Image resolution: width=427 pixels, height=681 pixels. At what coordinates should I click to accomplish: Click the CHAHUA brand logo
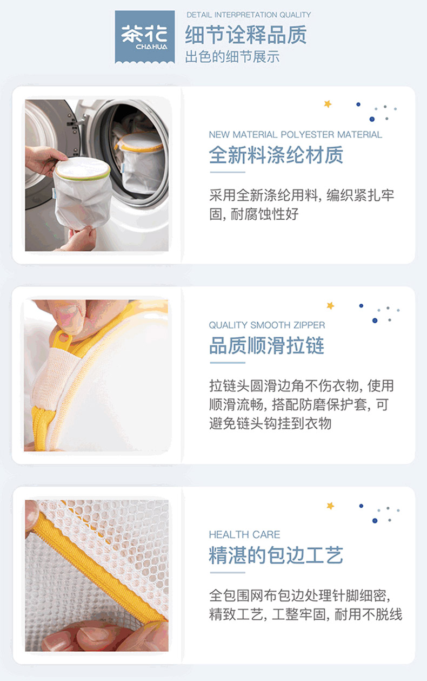point(144,37)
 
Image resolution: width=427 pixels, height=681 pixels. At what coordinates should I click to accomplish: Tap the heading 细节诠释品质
point(246,35)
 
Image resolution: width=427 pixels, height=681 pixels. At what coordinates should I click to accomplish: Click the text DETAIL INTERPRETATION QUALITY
point(249,15)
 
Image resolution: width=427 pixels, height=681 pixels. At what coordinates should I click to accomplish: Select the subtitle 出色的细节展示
point(232,57)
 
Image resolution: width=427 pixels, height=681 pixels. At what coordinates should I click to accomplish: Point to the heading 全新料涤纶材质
point(276,155)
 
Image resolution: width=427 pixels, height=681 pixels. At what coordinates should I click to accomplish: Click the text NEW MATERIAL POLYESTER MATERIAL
point(295,134)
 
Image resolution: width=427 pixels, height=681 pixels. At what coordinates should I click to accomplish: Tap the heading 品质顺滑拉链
point(267,345)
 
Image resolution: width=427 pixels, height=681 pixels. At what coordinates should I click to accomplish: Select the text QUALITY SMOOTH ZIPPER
point(267,325)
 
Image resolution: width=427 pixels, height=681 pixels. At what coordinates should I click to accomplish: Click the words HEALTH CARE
point(245,534)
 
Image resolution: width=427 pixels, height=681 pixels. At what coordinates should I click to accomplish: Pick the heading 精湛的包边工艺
point(276,555)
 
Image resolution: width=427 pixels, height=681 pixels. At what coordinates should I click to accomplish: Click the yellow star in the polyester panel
point(328,104)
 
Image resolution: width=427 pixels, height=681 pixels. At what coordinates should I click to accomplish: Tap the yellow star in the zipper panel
point(330,305)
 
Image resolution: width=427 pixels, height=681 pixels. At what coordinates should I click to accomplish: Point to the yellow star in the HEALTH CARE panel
point(330,506)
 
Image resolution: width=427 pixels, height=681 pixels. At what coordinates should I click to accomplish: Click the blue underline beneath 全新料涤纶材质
point(228,172)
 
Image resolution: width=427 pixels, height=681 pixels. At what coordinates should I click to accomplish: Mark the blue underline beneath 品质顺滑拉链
point(228,363)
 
